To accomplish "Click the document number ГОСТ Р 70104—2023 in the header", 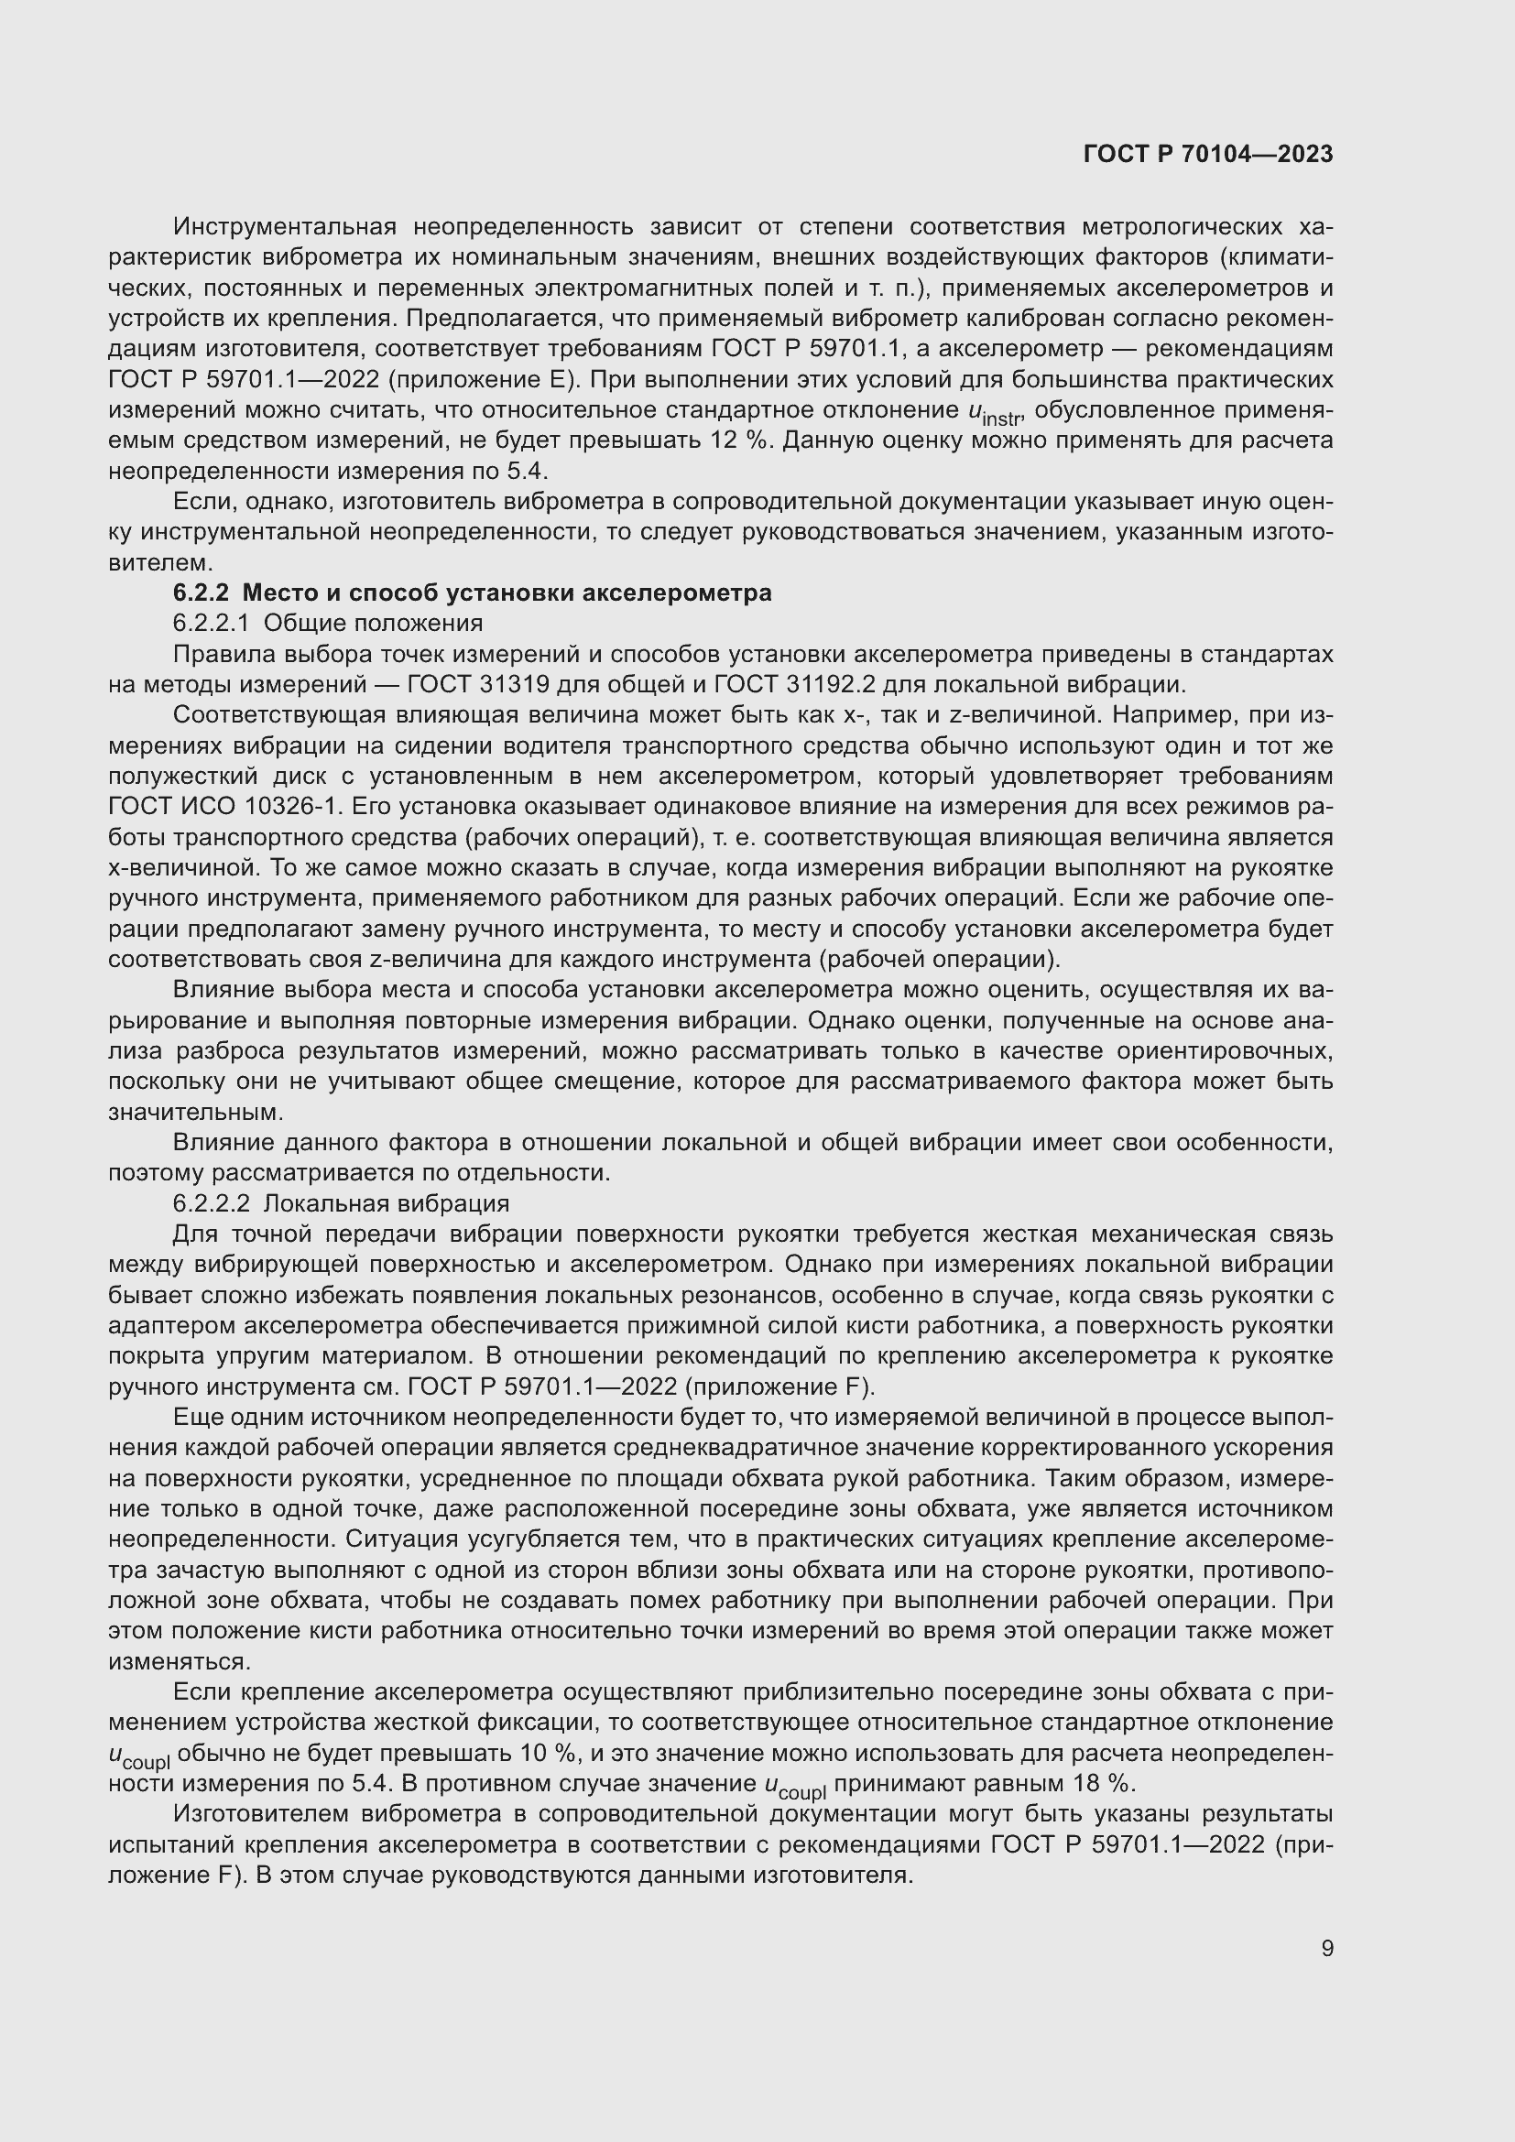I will tap(1208, 154).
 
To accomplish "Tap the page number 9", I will tap(1326, 1948).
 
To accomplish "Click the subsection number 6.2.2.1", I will tap(211, 624).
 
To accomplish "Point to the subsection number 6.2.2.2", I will tap(211, 1203).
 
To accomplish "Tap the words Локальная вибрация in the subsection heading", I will tap(387, 1203).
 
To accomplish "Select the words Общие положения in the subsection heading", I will tap(373, 624).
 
